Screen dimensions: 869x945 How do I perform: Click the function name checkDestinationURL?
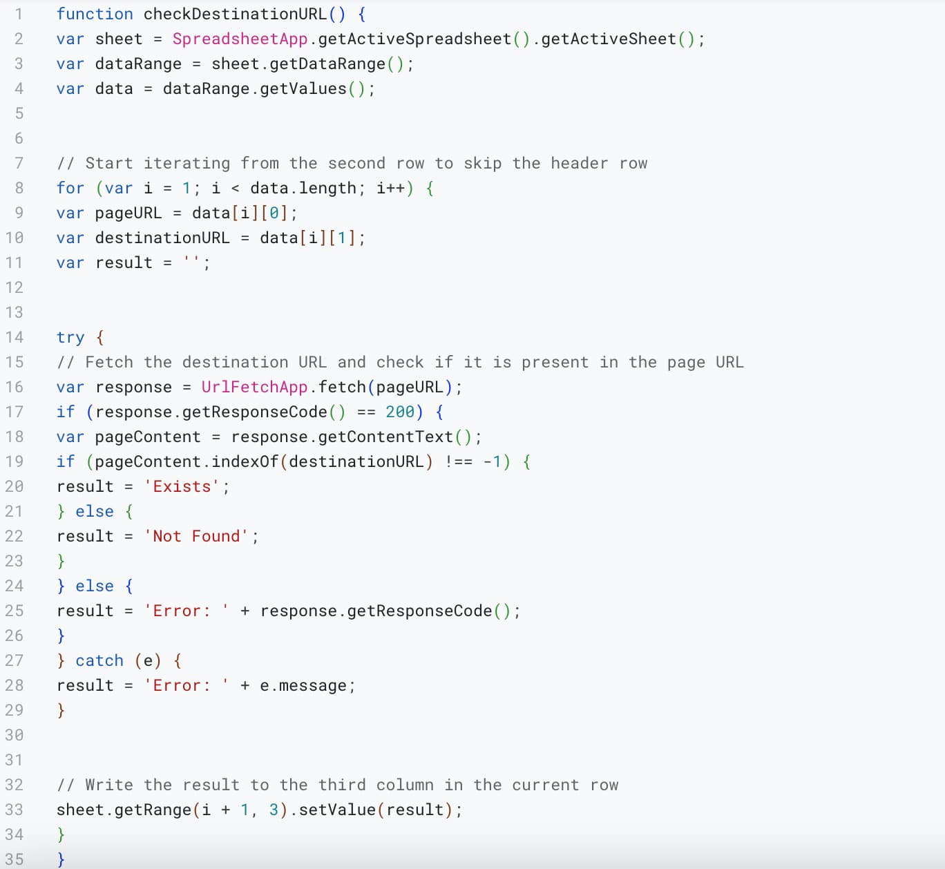[x=235, y=14]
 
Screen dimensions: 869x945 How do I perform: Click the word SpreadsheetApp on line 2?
[x=240, y=39]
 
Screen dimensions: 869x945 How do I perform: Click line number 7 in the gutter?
[x=19, y=163]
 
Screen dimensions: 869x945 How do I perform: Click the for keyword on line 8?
[x=70, y=188]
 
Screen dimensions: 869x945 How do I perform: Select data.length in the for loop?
[x=303, y=188]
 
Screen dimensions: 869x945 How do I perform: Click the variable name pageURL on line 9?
[x=128, y=213]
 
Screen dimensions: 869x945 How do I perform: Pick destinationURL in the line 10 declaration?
[x=162, y=238]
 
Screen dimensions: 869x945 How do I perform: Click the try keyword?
[x=70, y=337]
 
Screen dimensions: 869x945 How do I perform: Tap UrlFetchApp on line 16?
[x=254, y=387]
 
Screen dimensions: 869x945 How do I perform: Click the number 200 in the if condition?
[x=400, y=412]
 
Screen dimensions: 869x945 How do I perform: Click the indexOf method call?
[x=245, y=461]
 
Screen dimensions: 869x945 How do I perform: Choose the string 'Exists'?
[x=182, y=486]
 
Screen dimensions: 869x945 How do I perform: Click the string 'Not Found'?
[x=197, y=536]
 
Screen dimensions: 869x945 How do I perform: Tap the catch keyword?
[x=99, y=660]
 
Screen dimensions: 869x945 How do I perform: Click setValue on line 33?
[x=337, y=810]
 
